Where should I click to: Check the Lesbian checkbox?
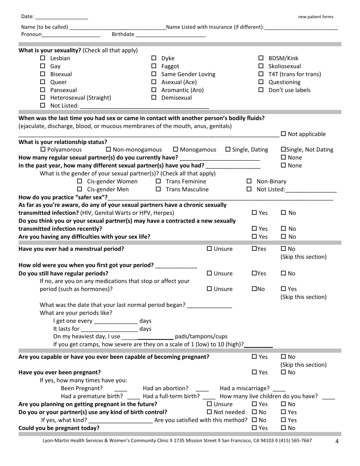tap(43, 58)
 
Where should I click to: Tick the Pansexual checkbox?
tap(43, 90)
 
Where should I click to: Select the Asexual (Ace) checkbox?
tap(154, 82)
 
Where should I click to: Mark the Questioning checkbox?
tap(261, 82)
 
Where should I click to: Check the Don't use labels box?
tap(261, 90)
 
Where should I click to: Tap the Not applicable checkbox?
tap(283, 134)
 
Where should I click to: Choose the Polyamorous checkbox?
tap(43, 149)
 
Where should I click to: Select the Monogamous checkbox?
tap(175, 149)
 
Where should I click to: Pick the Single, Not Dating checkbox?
tap(283, 149)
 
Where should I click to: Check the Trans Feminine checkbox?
tap(158, 181)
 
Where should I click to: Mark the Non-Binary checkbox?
tap(249, 181)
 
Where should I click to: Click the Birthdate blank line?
tap(171, 35)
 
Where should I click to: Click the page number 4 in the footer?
tap(337, 441)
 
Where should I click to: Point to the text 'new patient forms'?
tap(316, 17)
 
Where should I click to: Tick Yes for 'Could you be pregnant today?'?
tap(254, 428)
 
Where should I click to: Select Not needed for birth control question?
tap(209, 412)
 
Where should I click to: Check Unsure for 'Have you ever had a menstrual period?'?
tap(209, 249)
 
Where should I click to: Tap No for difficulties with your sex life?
tap(283, 236)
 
